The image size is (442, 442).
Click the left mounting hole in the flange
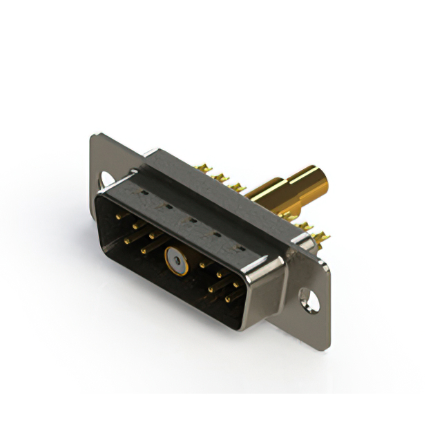coord(107,178)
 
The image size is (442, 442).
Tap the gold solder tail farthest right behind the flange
coord(322,238)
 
